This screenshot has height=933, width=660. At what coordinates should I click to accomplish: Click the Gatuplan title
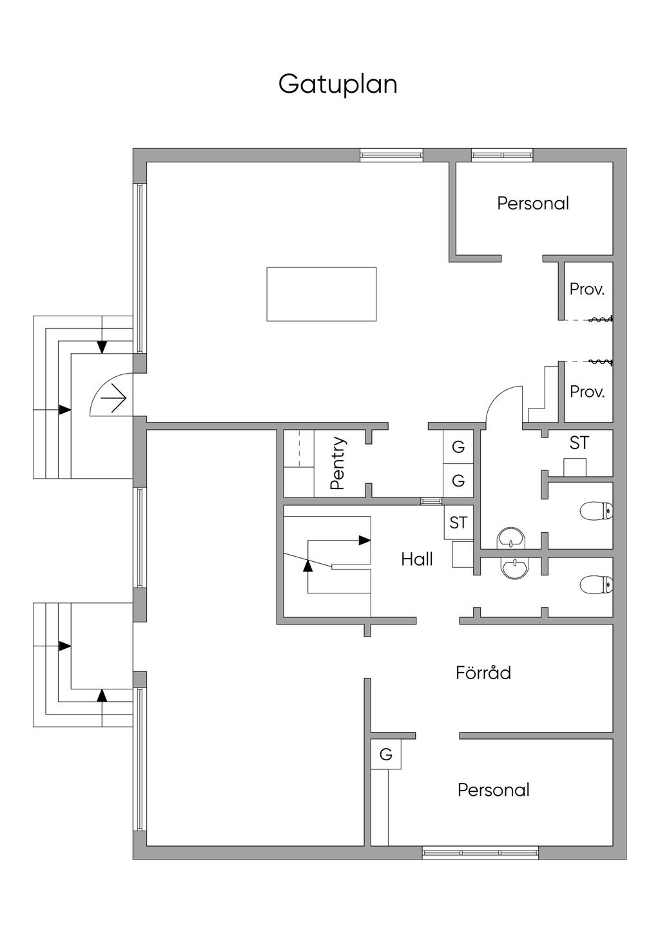coord(338,85)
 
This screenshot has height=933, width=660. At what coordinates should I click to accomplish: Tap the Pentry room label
coord(338,463)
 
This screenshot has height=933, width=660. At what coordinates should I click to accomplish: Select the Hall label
coord(416,559)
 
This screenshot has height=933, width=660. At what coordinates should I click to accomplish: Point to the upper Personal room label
coord(533,203)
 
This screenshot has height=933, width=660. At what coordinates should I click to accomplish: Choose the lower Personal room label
coord(493,790)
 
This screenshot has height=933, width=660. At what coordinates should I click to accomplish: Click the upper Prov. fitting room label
coord(587,289)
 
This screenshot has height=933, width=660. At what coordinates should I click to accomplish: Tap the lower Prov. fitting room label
coord(587,392)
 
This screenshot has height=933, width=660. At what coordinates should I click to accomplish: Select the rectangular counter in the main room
coord(321,294)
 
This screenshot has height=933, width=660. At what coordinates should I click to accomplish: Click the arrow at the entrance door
coord(113,399)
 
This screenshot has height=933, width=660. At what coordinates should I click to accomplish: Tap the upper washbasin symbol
coord(511,538)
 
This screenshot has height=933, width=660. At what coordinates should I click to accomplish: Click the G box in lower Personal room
coord(386,754)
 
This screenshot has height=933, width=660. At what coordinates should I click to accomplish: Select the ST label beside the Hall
coord(458,523)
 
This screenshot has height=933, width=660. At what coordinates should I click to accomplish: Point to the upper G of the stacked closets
coord(458,447)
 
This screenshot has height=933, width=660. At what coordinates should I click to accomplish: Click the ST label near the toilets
coord(579,443)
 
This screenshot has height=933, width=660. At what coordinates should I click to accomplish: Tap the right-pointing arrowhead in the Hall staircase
coord(365,540)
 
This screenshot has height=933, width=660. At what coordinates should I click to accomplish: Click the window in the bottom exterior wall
coord(480,852)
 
